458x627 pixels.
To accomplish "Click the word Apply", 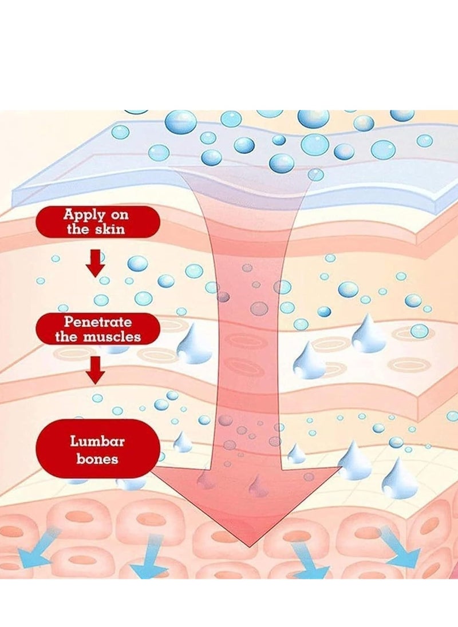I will (84, 215).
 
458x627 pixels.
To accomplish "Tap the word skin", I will (110, 229).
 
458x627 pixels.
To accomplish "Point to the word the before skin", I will (78, 229).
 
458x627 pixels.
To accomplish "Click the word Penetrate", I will (97, 322).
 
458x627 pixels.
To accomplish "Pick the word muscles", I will (112, 336).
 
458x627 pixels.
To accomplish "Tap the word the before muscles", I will (66, 336).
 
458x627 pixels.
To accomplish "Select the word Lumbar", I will (97, 441).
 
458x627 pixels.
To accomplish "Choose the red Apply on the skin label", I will (97, 222).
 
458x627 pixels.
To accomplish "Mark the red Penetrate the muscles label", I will (97, 329).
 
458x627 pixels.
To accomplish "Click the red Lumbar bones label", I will (97, 449).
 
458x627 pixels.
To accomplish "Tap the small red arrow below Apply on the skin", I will (96, 263).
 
